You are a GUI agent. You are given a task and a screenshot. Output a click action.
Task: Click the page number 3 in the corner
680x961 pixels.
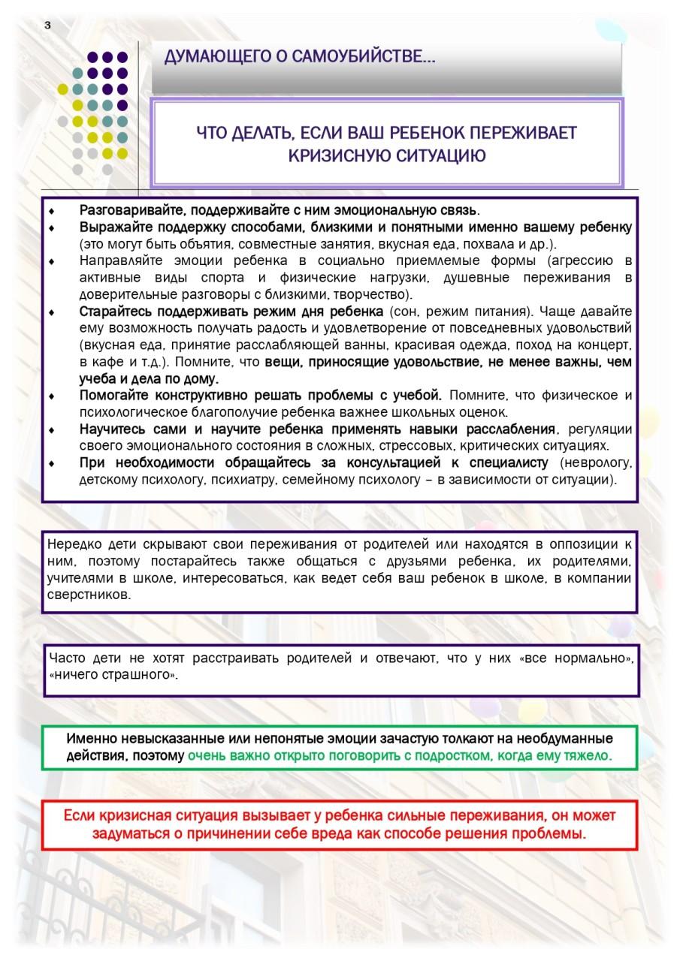(47, 25)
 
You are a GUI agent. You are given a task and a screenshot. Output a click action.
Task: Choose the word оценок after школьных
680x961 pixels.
(485, 411)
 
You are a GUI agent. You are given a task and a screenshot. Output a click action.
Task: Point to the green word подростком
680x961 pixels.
(448, 755)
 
